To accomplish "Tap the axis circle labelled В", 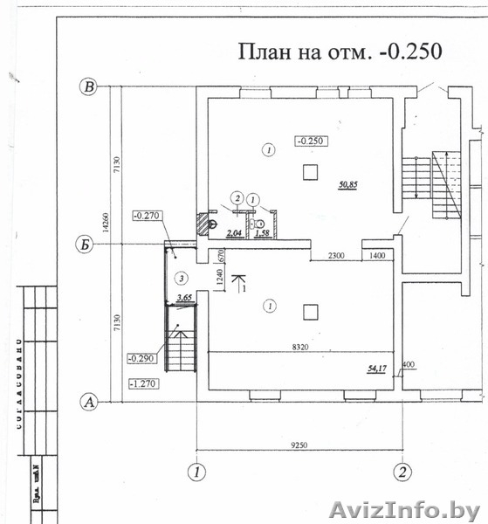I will [x=88, y=86].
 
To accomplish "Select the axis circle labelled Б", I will [x=86, y=245].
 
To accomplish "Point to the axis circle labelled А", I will [x=87, y=403].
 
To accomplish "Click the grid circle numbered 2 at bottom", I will [x=402, y=472].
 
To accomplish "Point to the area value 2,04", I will [x=233, y=233].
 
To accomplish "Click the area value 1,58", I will [x=261, y=233].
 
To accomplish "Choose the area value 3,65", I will [x=184, y=298].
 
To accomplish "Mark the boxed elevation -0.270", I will [x=148, y=214].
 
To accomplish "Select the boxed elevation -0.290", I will [x=141, y=358].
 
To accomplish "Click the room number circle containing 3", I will [x=181, y=279].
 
